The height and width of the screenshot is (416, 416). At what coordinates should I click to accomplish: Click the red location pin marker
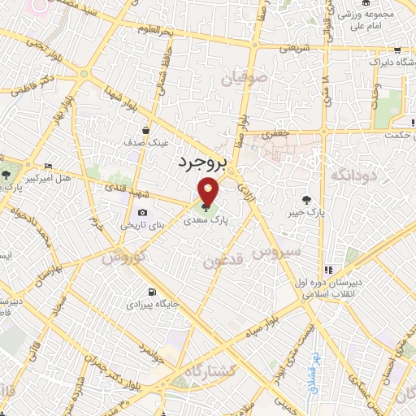[209, 193]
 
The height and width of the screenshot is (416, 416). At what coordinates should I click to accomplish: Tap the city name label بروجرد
[198, 162]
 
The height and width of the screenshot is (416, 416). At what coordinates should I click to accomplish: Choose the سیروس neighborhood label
[275, 253]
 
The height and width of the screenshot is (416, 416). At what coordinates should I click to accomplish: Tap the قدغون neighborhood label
[219, 261]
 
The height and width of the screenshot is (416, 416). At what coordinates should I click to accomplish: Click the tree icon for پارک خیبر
[306, 200]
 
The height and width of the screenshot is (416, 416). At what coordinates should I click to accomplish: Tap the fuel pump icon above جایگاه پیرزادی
[149, 292]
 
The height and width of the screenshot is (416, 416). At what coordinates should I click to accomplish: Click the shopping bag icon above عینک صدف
[145, 130]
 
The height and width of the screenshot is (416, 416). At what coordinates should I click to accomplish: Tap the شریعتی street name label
[294, 48]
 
